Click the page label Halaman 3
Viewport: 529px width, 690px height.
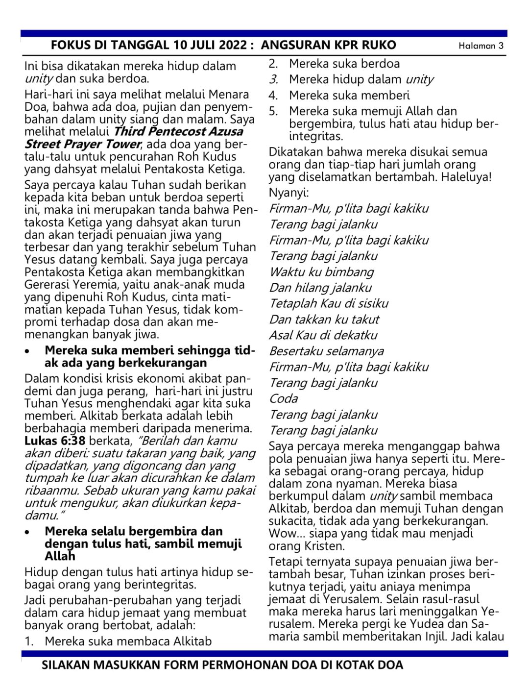[x=481, y=46]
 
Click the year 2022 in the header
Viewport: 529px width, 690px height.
[x=229, y=46]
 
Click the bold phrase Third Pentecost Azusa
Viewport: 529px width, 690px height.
[x=178, y=131]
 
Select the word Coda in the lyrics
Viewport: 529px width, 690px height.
[x=283, y=398]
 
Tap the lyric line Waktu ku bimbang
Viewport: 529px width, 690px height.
[x=321, y=272]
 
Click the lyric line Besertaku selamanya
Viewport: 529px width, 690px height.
[x=326, y=351]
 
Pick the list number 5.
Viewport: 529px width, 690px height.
[x=273, y=111]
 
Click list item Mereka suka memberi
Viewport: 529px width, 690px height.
[x=349, y=95]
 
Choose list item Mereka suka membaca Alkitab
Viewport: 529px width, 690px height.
[x=128, y=641]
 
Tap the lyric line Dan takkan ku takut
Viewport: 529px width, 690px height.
[x=324, y=320]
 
